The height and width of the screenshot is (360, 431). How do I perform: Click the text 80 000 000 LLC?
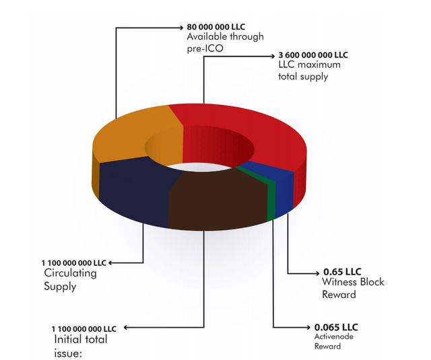pyautogui.click(x=215, y=27)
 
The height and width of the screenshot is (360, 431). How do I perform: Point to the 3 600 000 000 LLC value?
pyautogui.click(x=313, y=55)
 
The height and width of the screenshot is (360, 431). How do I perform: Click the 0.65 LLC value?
pyautogui.click(x=342, y=272)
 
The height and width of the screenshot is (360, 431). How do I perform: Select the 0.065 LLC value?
pyautogui.click(x=336, y=327)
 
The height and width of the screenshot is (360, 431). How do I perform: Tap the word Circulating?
pyautogui.click(x=70, y=273)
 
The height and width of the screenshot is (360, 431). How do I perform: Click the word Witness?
pyautogui.click(x=339, y=282)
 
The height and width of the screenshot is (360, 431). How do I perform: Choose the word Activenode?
pyautogui.click(x=334, y=336)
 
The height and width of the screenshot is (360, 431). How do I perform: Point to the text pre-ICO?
pyautogui.click(x=205, y=48)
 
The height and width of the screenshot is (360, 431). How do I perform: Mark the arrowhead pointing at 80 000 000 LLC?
pyautogui.click(x=181, y=28)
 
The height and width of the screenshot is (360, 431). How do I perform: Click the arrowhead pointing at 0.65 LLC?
pyautogui.click(x=318, y=273)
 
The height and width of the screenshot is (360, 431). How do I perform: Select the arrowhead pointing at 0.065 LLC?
pyautogui.click(x=308, y=327)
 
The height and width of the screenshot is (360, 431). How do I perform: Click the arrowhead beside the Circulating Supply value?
pyautogui.click(x=110, y=263)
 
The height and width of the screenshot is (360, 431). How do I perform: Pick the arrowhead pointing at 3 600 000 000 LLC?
pyautogui.click(x=272, y=57)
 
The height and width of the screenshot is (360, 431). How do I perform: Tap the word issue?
pyautogui.click(x=68, y=353)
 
